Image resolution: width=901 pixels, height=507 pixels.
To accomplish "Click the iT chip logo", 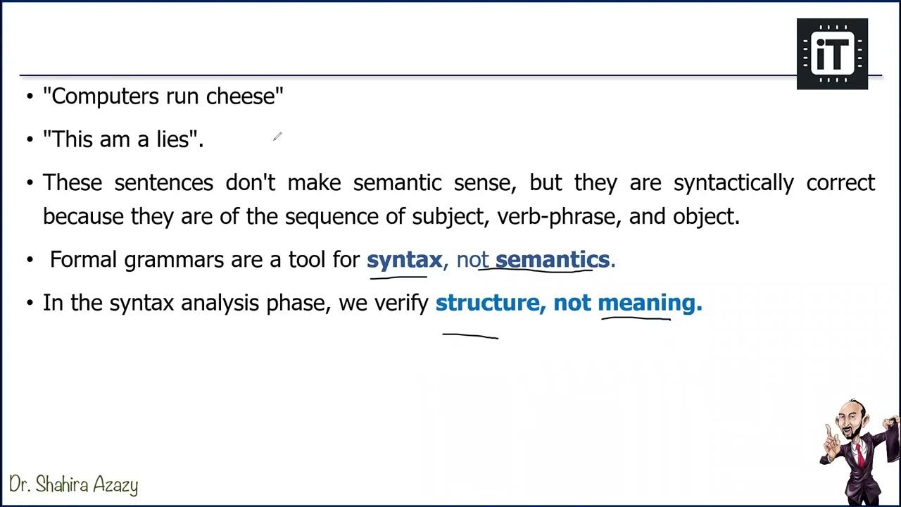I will (832, 54).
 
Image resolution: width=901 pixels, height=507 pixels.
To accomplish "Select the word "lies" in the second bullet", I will (173, 139).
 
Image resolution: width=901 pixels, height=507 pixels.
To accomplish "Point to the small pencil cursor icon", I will (277, 137).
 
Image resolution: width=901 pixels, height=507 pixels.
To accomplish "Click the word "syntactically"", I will (733, 183).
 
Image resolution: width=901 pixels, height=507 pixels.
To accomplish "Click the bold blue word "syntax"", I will (404, 260).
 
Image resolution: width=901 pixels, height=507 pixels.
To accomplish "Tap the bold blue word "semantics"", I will (553, 260).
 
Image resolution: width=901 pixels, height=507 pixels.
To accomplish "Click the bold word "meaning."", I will (650, 303).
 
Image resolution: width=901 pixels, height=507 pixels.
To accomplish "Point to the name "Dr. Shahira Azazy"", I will (74, 484).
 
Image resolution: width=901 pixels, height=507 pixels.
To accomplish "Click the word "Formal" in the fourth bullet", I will (84, 260).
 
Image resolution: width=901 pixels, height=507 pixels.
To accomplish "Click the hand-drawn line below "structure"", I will (470, 337).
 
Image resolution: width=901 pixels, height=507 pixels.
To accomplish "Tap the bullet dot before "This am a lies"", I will (30, 139).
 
